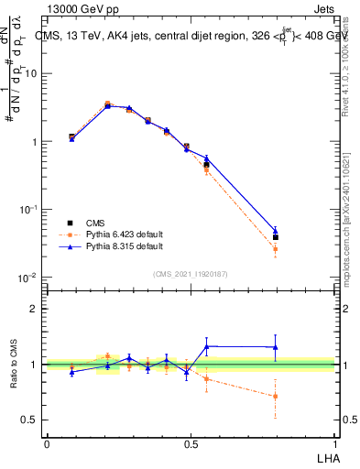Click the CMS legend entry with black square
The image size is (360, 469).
pos(96,223)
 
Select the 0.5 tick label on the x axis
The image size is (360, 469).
pos(191,443)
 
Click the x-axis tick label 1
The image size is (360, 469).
pos(335,443)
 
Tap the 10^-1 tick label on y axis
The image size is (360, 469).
pos(28,209)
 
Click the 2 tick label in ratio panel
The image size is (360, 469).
pos(36,309)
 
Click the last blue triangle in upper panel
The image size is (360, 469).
pos(276,232)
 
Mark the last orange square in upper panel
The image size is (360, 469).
pos(276,249)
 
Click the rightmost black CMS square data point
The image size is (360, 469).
pos(276,237)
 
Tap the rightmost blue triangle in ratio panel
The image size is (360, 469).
pos(276,346)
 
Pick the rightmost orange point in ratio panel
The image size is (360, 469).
pos(276,396)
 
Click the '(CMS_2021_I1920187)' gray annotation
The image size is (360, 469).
pos(190,273)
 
